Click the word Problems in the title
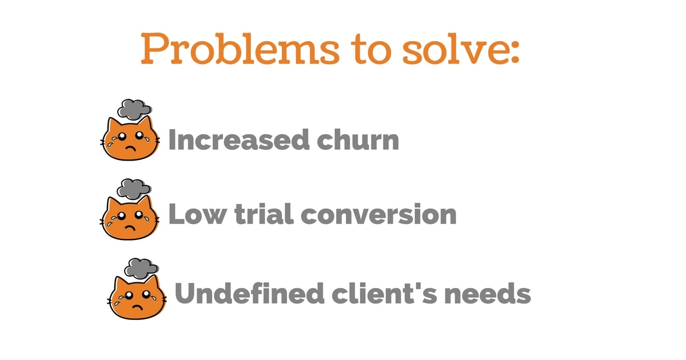pos(240,49)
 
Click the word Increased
pos(239,139)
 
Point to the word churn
pos(358,139)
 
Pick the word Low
pos(198,214)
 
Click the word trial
pos(264,214)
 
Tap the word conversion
pos(379,214)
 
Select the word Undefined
pos(249,293)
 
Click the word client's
pos(384,293)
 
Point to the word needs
pos(488,293)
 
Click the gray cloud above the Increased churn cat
pos(134,109)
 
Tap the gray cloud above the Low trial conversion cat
pos(134,189)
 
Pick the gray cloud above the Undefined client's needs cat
pos(141,269)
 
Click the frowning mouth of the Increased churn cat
pos(131,148)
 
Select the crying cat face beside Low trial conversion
pos(130,218)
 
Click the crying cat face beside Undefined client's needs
pos(137,297)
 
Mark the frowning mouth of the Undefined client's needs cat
pos(138,307)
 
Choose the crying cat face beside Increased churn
pos(130,138)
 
